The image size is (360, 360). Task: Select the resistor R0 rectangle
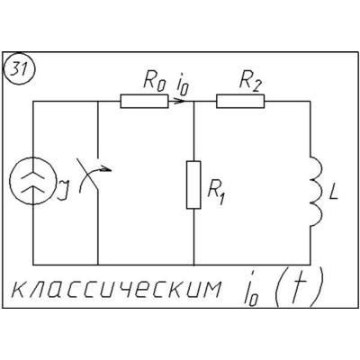click(144, 102)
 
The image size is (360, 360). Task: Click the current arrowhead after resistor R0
click(179, 102)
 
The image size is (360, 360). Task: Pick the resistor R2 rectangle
click(240, 101)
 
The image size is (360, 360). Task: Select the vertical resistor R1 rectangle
click(193, 184)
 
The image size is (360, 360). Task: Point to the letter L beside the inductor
click(333, 192)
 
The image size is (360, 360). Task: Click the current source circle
click(32, 181)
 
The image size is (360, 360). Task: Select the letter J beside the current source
click(63, 190)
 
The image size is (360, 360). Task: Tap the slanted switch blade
click(90, 175)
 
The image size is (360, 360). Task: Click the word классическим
click(115, 289)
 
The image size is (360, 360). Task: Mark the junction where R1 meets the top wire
click(194, 102)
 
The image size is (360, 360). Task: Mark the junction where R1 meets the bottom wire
click(194, 265)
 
